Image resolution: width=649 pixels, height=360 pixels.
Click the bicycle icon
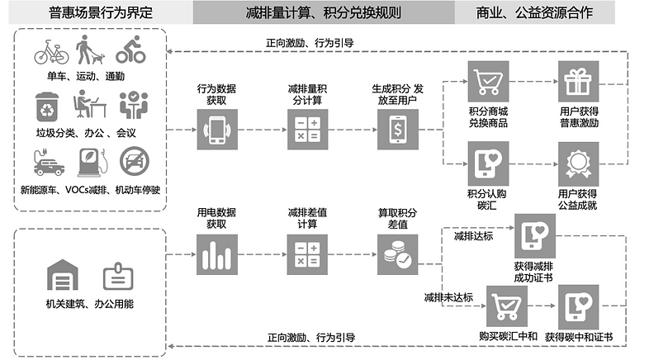(51, 52)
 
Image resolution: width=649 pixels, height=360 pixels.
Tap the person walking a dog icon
(89, 50)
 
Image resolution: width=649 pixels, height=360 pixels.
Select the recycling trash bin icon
(47, 107)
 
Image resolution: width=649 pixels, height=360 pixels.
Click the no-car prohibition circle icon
(134, 161)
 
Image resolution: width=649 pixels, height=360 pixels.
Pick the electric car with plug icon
(49, 162)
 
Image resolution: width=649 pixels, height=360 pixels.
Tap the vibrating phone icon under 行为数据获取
(217, 130)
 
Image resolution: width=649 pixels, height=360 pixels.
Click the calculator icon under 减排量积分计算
(307, 130)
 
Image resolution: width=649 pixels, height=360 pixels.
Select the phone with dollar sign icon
(398, 130)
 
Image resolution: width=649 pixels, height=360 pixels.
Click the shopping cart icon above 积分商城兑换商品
(489, 82)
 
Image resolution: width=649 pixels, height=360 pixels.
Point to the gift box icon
(578, 82)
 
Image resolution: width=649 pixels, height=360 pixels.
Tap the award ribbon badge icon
(578, 164)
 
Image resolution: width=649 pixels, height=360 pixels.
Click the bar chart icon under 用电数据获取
(217, 254)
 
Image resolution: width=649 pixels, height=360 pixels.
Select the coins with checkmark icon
(398, 254)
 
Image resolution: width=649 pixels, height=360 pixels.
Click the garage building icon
(63, 275)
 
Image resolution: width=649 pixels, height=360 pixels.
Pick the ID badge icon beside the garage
(118, 276)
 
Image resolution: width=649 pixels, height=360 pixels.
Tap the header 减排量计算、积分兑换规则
(323, 13)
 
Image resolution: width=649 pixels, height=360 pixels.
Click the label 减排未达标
(448, 297)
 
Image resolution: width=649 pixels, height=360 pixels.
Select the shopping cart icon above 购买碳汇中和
(507, 306)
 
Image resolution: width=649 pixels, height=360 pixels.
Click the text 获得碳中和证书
(579, 337)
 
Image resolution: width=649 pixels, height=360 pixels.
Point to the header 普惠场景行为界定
(101, 13)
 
